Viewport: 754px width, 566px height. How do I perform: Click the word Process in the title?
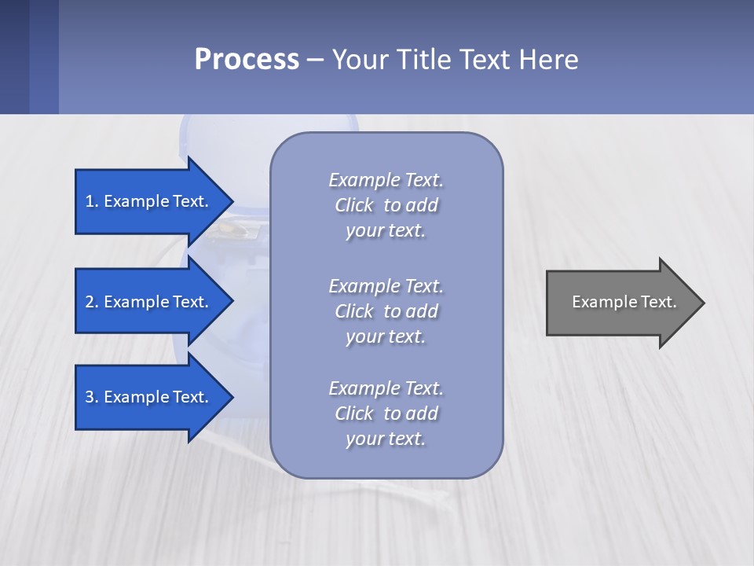point(247,60)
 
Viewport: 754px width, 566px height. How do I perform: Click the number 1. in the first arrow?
point(92,201)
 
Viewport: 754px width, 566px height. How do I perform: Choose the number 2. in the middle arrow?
point(92,302)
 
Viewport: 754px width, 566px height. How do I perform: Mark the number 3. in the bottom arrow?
point(92,397)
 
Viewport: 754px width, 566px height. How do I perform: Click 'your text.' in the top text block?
point(386,231)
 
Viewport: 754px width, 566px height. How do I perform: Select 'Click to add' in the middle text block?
point(386,311)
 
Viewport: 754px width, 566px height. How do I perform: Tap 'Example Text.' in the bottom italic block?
point(386,388)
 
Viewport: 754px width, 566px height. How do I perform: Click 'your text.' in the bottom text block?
point(386,439)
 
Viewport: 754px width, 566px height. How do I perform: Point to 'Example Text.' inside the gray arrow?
point(624,302)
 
